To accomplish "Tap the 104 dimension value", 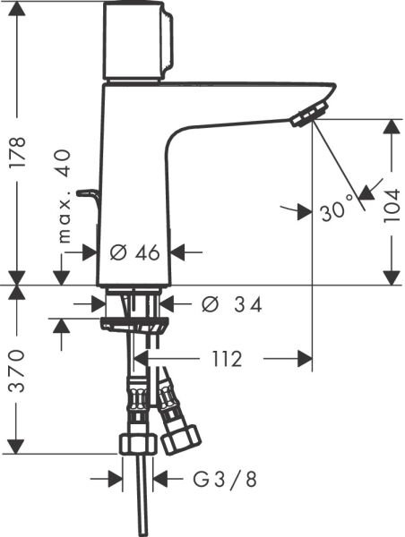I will (392, 202).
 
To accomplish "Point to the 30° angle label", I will (332, 212).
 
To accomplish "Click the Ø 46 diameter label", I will (134, 253).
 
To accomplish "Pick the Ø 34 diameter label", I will (231, 305).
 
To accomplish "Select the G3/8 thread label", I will (224, 480).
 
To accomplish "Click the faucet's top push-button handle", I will (140, 40).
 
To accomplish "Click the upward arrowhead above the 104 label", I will (392, 126).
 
